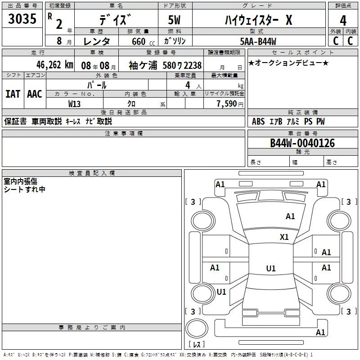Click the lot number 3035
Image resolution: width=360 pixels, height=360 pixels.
tap(22, 19)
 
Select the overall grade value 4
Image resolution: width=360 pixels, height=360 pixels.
tap(343, 21)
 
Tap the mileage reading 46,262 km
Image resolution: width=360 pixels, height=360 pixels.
tap(55, 65)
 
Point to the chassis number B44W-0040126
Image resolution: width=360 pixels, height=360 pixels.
tap(302, 143)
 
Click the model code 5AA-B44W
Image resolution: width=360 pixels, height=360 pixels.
tap(258, 41)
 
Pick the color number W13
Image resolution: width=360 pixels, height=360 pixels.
tap(74, 104)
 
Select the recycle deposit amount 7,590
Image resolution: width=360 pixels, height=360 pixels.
tap(227, 104)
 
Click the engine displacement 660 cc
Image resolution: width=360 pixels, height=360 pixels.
tap(143, 42)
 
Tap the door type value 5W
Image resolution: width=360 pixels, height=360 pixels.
tap(174, 20)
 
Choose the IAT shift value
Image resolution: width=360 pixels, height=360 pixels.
tap(13, 94)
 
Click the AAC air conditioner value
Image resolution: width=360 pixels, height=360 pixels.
tap(35, 94)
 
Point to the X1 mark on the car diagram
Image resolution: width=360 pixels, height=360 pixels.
tap(284, 237)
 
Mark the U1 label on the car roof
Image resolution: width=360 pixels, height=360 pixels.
tap(271, 268)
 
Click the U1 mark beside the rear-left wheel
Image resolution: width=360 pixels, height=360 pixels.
tap(221, 292)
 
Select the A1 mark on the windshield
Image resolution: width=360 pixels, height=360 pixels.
tap(290, 216)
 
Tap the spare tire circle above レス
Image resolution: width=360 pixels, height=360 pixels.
tap(197, 328)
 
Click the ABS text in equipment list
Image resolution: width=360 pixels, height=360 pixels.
tap(258, 121)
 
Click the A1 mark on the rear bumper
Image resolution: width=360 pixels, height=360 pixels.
tap(320, 332)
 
